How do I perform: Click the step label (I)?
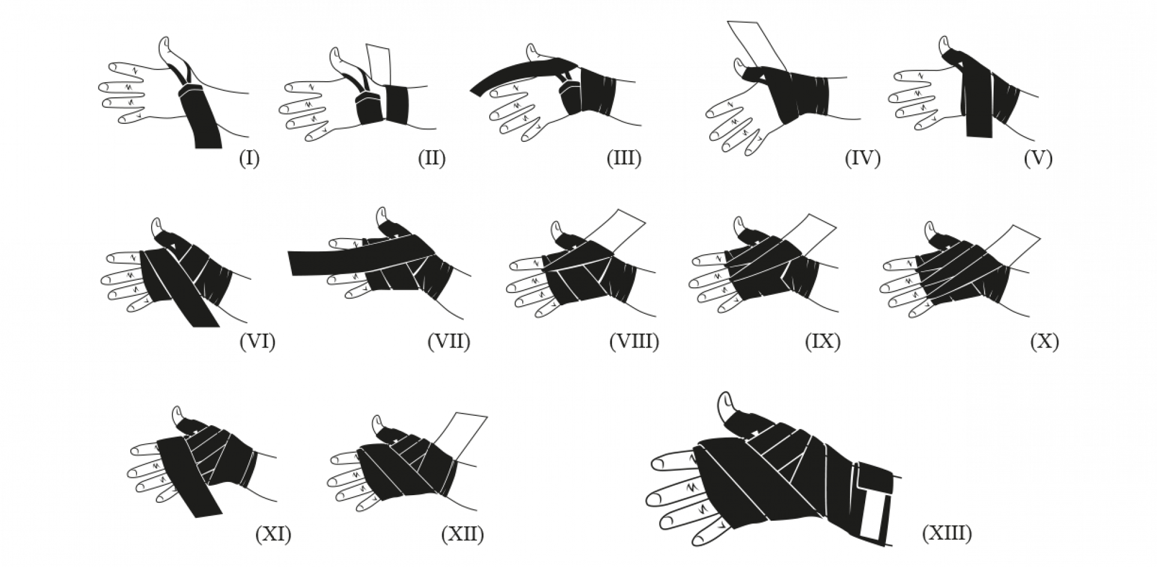249,158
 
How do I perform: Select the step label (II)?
431,158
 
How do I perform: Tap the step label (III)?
624,158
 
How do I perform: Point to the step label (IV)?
862,158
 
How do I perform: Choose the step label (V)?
1038,158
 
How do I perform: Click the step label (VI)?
257,342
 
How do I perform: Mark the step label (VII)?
449,342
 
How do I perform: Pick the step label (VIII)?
634,342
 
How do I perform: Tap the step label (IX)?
822,342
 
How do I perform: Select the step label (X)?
1044,342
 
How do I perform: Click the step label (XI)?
273,534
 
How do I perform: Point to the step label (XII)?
462,534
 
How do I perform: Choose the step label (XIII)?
947,534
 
